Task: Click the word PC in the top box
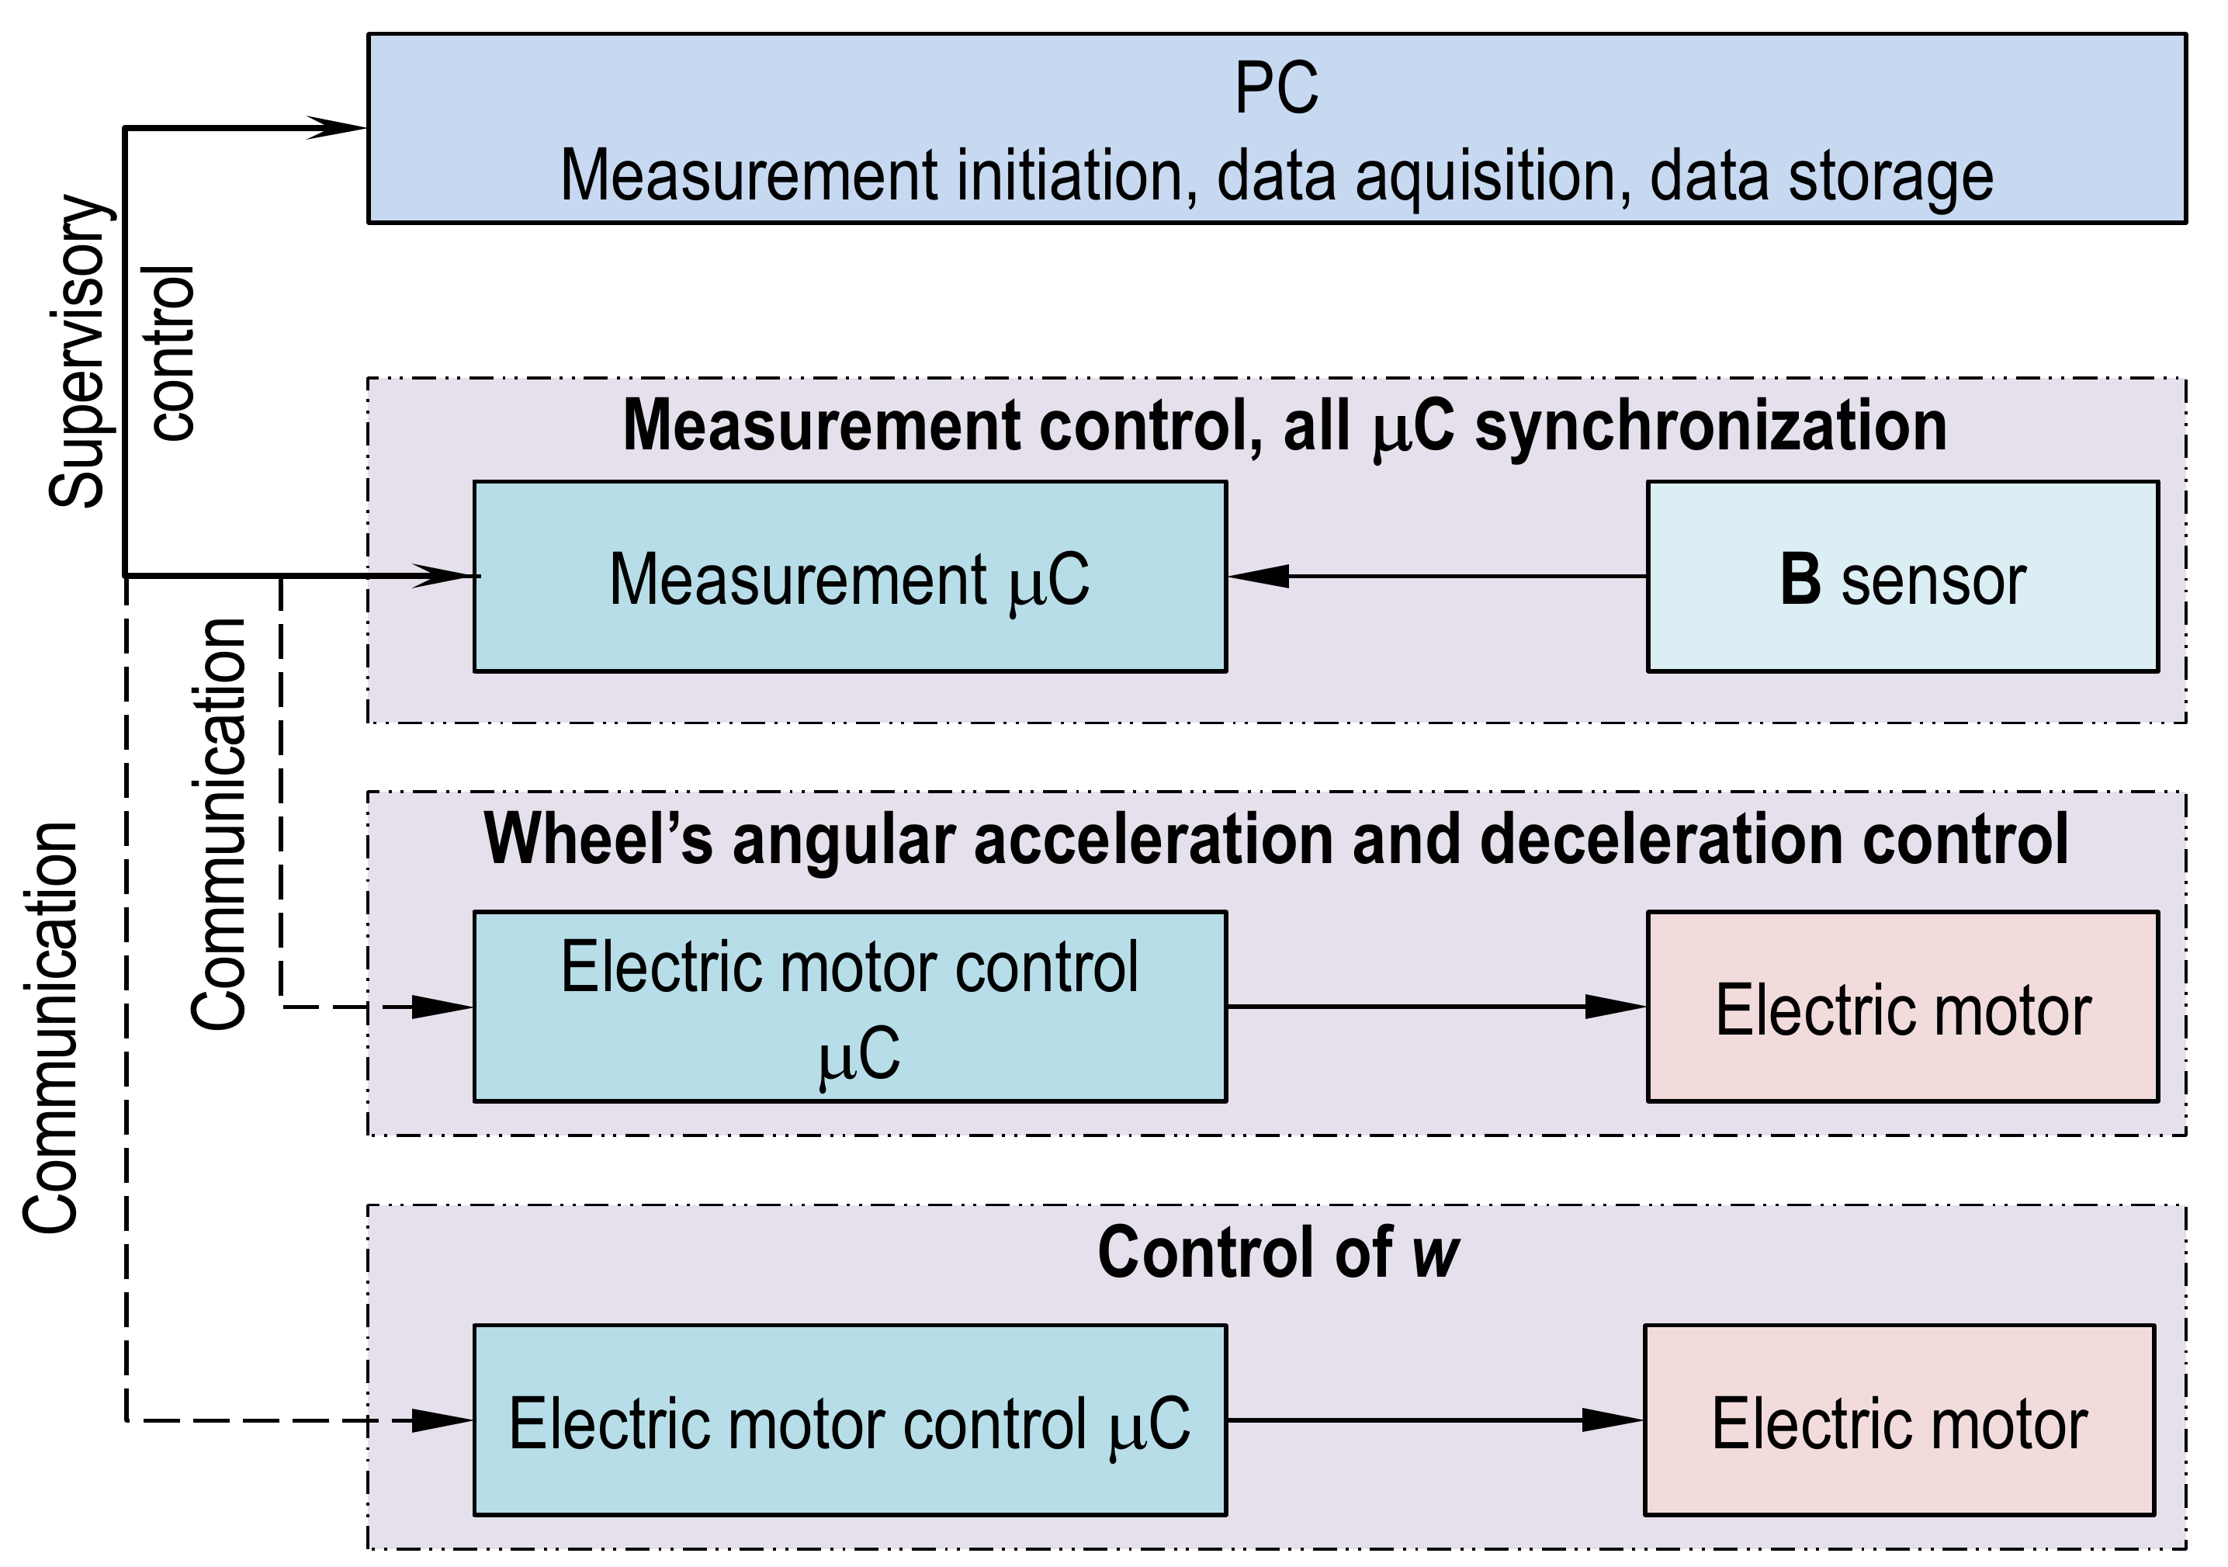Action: [1275, 88]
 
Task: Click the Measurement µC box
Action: [849, 577]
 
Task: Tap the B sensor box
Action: [1901, 577]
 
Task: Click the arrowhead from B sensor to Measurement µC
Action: [1260, 577]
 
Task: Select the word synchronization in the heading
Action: [1710, 427]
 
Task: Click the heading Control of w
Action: [1277, 1253]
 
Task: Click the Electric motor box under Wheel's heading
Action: [1901, 1007]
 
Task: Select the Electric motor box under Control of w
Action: [1898, 1420]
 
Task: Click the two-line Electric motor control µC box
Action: [849, 1007]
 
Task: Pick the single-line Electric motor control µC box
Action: [849, 1420]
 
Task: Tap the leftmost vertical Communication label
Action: [50, 1028]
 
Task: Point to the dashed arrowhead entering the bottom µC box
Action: [442, 1420]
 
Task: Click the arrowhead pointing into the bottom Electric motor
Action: [1611, 1420]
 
